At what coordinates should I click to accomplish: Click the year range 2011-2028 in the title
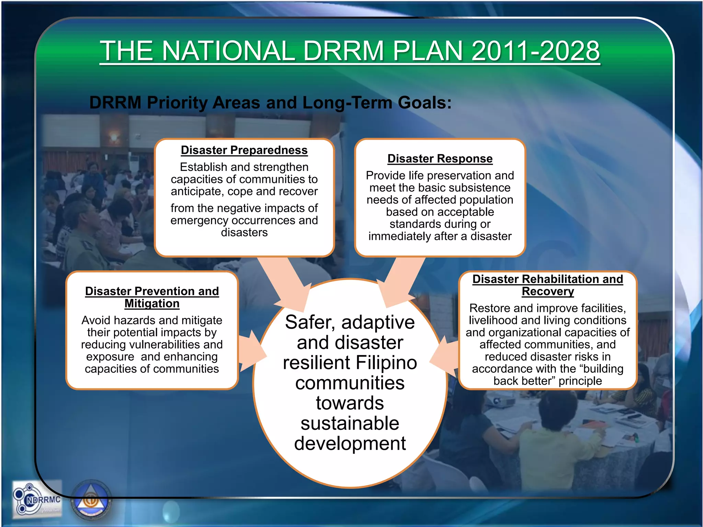coord(535,51)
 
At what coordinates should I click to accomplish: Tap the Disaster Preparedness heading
coord(244,150)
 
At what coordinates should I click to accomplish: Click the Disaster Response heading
coord(440,159)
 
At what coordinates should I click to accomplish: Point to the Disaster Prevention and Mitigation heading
coord(152,297)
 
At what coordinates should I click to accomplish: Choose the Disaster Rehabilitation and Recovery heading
coord(548,285)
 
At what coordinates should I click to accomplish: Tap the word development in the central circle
coord(350,443)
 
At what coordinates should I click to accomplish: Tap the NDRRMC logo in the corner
coord(37,500)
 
